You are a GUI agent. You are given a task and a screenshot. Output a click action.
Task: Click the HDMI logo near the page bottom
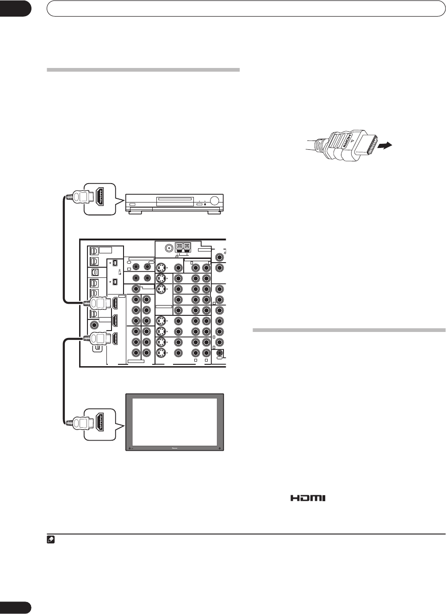pos(308,498)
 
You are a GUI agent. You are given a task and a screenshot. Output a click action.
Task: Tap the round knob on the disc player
pos(215,201)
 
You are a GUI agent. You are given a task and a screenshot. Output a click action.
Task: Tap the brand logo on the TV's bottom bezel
pos(174,448)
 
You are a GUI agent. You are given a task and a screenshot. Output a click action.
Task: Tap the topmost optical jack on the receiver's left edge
pos(93,250)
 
